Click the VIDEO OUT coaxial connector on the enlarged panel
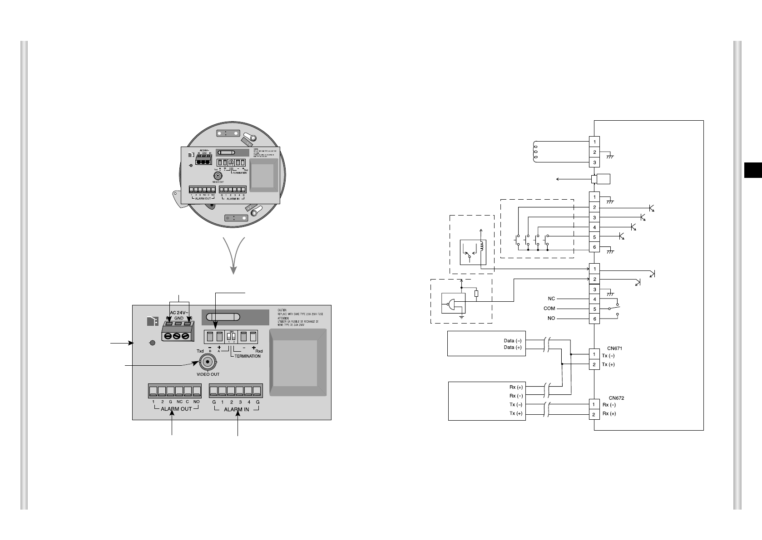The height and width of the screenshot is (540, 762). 207,363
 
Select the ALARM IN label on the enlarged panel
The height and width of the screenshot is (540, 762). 236,409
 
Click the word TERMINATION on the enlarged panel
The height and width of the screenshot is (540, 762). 247,356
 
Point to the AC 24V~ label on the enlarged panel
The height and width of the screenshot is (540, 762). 179,313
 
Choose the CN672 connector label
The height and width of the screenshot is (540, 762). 616,398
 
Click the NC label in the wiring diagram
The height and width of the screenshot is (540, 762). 551,299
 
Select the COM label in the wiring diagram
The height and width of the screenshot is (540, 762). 549,309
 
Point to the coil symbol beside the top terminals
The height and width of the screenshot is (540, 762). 535,152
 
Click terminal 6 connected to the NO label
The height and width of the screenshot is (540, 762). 594,319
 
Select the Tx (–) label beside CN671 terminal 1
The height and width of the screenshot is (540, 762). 608,356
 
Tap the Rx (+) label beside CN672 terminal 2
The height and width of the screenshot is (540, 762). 609,414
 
